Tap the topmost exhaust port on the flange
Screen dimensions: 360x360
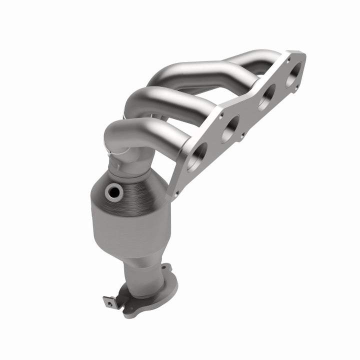tap(294, 74)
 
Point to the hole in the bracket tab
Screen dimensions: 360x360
tap(107, 302)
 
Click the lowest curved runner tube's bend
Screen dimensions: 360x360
tap(117, 132)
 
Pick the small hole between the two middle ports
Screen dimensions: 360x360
tap(243, 135)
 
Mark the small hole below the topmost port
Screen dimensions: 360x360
tap(297, 87)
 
